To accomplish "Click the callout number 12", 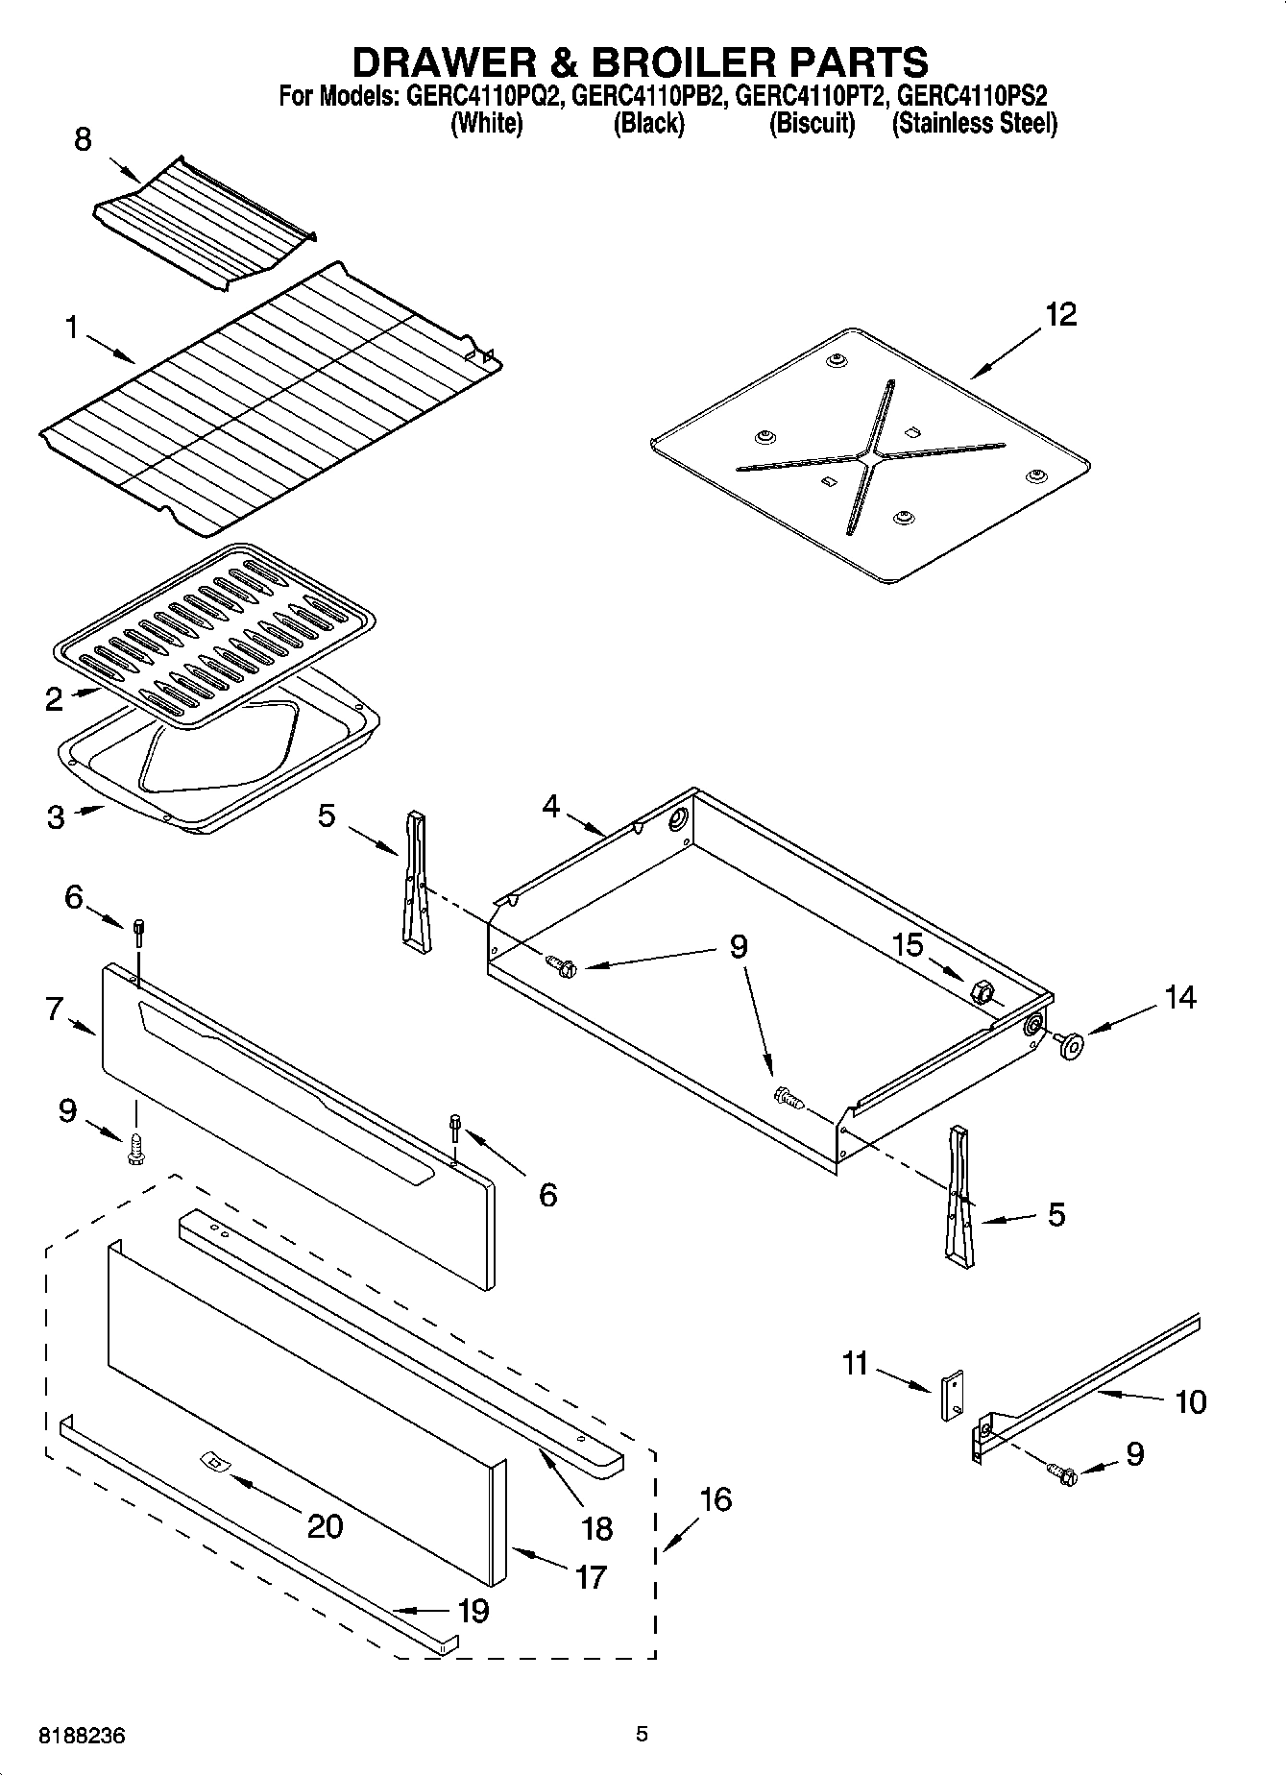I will point(1060,314).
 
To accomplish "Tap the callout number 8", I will point(84,139).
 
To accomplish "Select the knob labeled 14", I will point(1068,1044).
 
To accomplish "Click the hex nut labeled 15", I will point(982,990).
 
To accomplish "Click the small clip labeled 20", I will point(213,1462).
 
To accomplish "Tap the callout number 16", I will point(716,1498).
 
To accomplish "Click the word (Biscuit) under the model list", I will point(812,123).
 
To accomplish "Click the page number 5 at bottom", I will point(642,1734).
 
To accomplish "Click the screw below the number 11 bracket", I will point(1062,1470).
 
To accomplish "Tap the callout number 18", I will point(596,1527).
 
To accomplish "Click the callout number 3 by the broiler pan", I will point(56,817).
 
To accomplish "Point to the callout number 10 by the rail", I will point(1190,1401).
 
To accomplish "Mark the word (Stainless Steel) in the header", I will point(974,123).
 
